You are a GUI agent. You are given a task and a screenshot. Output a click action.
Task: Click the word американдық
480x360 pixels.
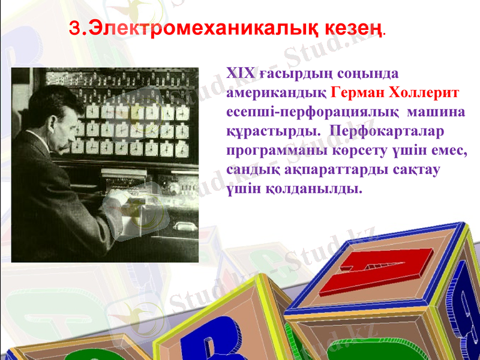277,93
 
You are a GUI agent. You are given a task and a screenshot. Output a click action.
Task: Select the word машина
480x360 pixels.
437,112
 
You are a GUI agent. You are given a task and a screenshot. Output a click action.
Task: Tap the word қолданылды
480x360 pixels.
314,188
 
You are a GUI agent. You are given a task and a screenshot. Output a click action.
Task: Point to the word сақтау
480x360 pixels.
415,169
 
